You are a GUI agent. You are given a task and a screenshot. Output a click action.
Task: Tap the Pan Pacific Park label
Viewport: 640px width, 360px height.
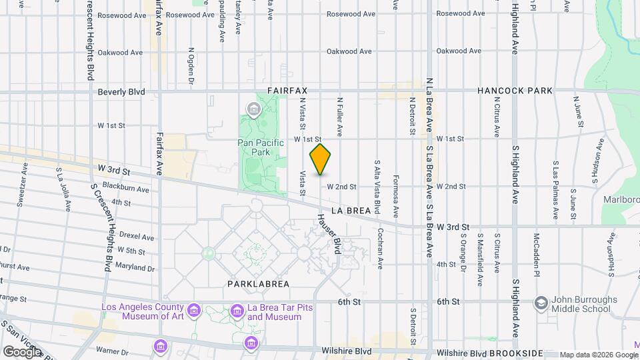pyautogui.click(x=261, y=147)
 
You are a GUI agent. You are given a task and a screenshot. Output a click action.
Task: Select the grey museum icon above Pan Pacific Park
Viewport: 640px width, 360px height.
pyautogui.click(x=253, y=109)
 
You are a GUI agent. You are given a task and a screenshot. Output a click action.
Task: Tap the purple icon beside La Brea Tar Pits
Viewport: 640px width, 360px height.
pyautogui.click(x=237, y=311)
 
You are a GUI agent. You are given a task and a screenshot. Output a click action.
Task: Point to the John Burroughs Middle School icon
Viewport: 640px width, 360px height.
pyautogui.click(x=541, y=304)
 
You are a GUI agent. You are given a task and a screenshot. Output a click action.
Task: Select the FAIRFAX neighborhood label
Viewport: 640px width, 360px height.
pyautogui.click(x=290, y=89)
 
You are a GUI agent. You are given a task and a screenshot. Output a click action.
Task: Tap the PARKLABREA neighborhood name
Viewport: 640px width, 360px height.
pyautogui.click(x=258, y=283)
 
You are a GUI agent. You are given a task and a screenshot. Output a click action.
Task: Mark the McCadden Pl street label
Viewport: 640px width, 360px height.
pyautogui.click(x=536, y=254)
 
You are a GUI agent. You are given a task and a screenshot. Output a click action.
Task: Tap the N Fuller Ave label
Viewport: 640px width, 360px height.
pyautogui.click(x=339, y=117)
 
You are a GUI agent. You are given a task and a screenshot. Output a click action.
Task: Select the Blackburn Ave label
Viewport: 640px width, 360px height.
pyautogui.click(x=131, y=190)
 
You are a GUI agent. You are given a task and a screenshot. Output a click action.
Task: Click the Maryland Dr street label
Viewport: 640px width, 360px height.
pyautogui.click(x=135, y=269)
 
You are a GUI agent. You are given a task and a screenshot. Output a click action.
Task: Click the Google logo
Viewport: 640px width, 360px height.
pyautogui.click(x=22, y=351)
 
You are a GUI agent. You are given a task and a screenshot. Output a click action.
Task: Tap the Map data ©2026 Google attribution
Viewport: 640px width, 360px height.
pyautogui.click(x=599, y=355)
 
